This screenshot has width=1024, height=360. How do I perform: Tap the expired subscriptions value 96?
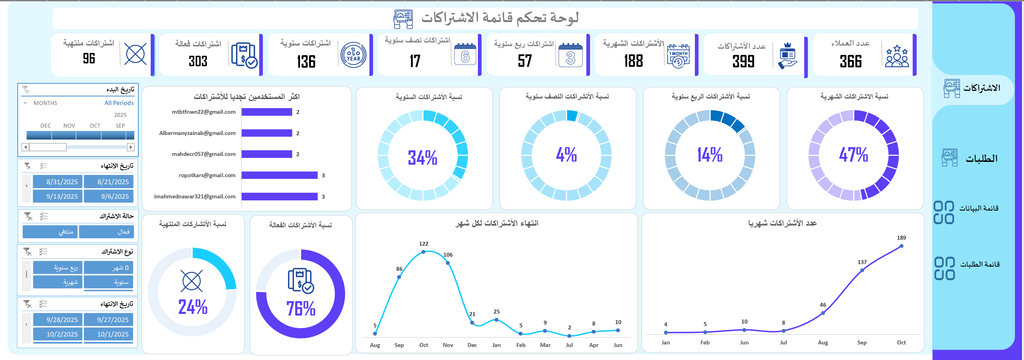pos(89,58)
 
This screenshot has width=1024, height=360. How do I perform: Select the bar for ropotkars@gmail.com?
pos(280,175)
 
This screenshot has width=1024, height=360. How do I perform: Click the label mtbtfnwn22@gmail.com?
pos(204,112)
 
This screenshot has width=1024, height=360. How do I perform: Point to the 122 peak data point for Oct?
pos(423,252)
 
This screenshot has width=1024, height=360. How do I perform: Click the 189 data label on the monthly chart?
pos(901,238)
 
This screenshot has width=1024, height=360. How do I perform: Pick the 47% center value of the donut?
pos(853,155)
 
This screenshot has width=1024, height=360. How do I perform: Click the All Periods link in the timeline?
pos(119,103)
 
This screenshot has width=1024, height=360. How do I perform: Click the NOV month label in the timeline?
pos(69,126)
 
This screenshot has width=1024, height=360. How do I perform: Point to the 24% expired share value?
pos(193,307)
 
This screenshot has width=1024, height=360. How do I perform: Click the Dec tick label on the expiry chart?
pos(472,345)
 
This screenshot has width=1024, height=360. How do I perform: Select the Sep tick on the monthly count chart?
pos(862,342)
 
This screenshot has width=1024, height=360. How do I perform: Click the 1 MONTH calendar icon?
pos(678,56)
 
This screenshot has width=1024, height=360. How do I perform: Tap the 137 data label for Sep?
pos(862,262)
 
